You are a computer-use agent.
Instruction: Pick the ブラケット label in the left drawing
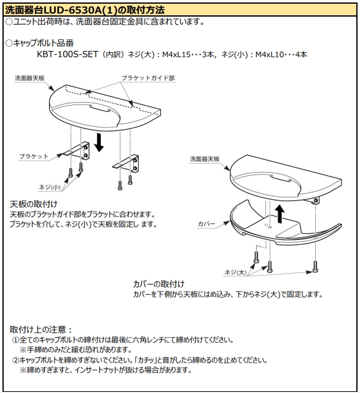(33, 156)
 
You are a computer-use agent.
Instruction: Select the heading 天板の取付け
(34, 204)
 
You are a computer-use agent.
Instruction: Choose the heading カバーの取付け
(158, 284)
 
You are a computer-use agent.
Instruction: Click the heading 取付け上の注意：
(41, 329)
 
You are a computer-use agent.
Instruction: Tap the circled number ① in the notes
(15, 339)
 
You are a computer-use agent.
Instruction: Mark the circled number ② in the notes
(15, 360)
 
